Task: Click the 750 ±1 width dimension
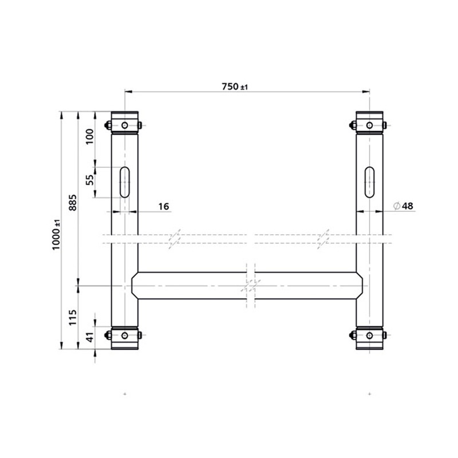pyautogui.click(x=234, y=86)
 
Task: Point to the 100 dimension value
pyautogui.click(x=89, y=137)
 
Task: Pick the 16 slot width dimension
pyautogui.click(x=163, y=206)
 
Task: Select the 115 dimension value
pyautogui.click(x=73, y=317)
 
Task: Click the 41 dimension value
pyautogui.click(x=89, y=338)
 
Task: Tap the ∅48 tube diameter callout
pyautogui.click(x=404, y=206)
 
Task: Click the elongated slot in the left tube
pyautogui.click(x=125, y=182)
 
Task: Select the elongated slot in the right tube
pyautogui.click(x=370, y=182)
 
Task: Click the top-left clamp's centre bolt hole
pyautogui.click(x=125, y=125)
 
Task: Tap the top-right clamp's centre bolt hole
pyautogui.click(x=370, y=125)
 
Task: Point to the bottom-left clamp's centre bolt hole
pyautogui.click(x=125, y=335)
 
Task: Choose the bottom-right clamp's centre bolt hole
pyautogui.click(x=370, y=335)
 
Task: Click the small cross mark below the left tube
pyautogui.click(x=125, y=394)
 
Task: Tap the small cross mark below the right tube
pyautogui.click(x=370, y=394)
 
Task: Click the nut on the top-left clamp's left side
pyautogui.click(x=108, y=126)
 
